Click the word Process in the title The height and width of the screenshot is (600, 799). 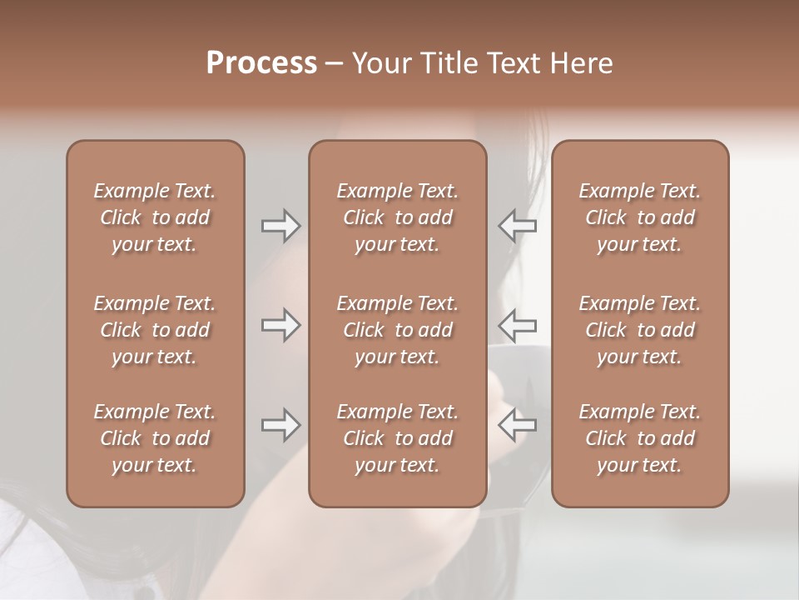point(261,63)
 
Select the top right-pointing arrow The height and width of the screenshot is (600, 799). point(280,225)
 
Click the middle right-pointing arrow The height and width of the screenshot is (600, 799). point(280,325)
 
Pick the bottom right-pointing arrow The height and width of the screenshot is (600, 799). point(280,425)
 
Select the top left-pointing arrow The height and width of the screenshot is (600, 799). point(517,225)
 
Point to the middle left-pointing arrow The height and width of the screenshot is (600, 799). point(517,325)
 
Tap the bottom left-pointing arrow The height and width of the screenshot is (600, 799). point(517,425)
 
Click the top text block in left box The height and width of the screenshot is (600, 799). point(155,217)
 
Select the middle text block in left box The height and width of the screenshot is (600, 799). point(155,330)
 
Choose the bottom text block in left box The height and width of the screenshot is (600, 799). point(155,438)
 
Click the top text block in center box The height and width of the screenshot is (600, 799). point(397,217)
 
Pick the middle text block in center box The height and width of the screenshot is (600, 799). point(397,330)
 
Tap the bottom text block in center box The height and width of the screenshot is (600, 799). point(397,438)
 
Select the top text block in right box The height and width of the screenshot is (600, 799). point(639,217)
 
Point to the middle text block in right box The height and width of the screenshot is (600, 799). point(639,330)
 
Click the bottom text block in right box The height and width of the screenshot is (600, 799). point(639,438)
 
